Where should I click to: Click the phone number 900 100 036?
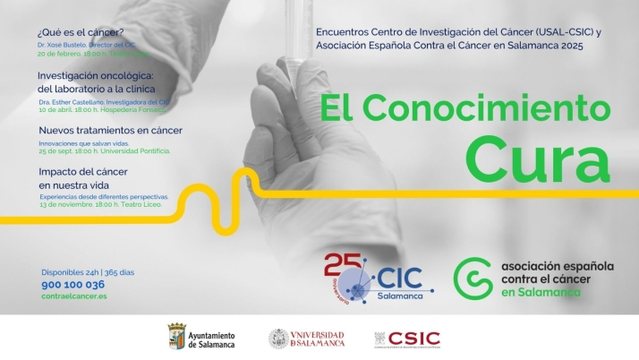[x=72, y=284]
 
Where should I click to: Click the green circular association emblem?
[x=472, y=279]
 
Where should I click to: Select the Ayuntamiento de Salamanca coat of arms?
[x=176, y=338]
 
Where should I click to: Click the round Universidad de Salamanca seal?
[x=279, y=339]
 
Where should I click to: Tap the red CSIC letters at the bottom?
[x=414, y=338]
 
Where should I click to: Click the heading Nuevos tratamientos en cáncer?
[x=110, y=130]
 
